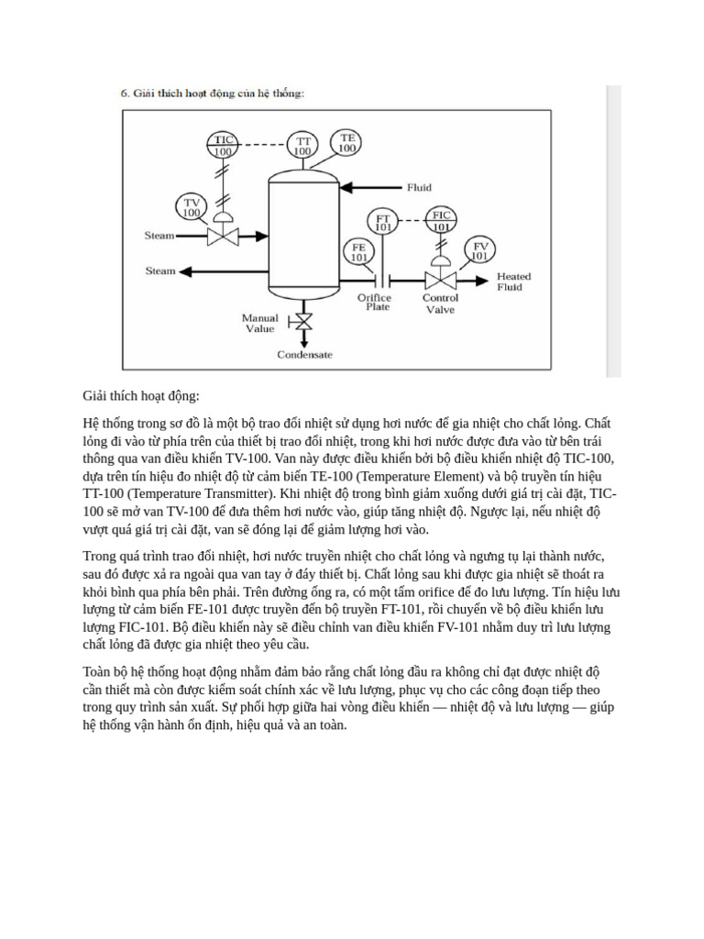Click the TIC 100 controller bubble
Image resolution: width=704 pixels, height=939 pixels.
pyautogui.click(x=223, y=146)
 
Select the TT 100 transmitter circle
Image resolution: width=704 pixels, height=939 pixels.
pyautogui.click(x=302, y=145)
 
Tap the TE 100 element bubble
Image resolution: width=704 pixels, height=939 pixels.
pyautogui.click(x=347, y=143)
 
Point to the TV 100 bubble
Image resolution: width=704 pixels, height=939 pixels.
pyautogui.click(x=191, y=207)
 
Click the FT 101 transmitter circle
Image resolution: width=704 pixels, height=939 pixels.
pyautogui.click(x=384, y=222)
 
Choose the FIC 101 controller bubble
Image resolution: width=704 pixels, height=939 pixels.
pyautogui.click(x=442, y=221)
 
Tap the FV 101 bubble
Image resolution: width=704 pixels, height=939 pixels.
pyautogui.click(x=479, y=250)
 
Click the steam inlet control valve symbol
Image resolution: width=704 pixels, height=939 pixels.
pyautogui.click(x=222, y=236)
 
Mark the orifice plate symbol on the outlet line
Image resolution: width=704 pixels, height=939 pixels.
pyautogui.click(x=389, y=279)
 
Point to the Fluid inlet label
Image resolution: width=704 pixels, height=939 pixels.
pyautogui.click(x=419, y=188)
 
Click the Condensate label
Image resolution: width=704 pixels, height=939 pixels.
pyautogui.click(x=305, y=355)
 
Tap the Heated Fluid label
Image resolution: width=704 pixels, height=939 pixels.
pyautogui.click(x=513, y=282)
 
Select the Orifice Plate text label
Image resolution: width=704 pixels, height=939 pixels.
pyautogui.click(x=374, y=303)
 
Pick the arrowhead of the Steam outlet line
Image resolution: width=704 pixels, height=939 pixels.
pyautogui.click(x=185, y=271)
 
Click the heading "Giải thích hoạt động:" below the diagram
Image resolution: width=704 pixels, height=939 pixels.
pyautogui.click(x=140, y=396)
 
